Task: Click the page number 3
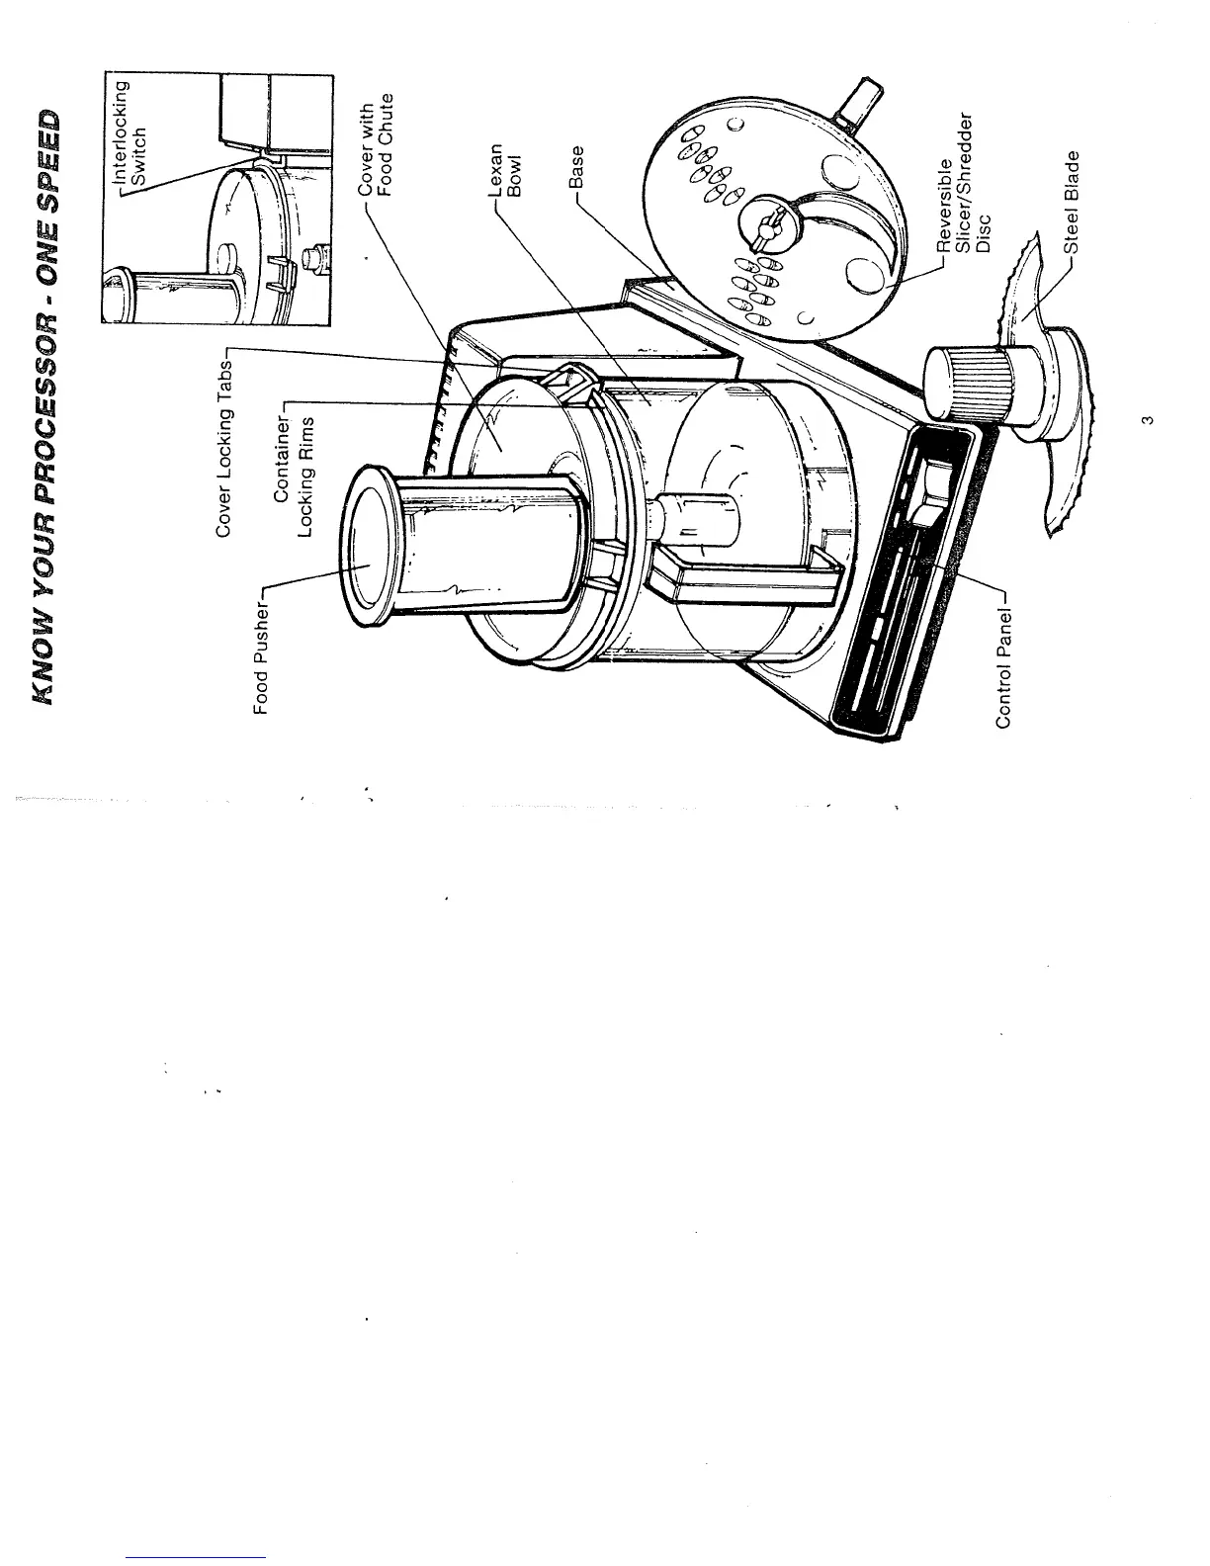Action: click(x=1144, y=422)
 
